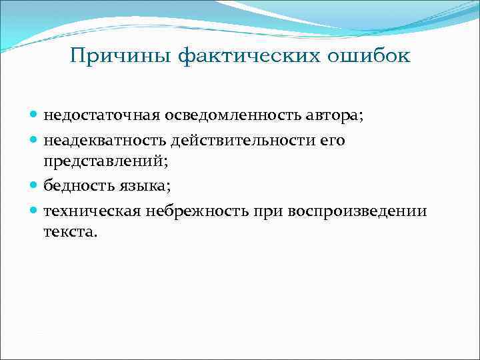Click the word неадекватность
tap(105, 139)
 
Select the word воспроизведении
tap(357, 211)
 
